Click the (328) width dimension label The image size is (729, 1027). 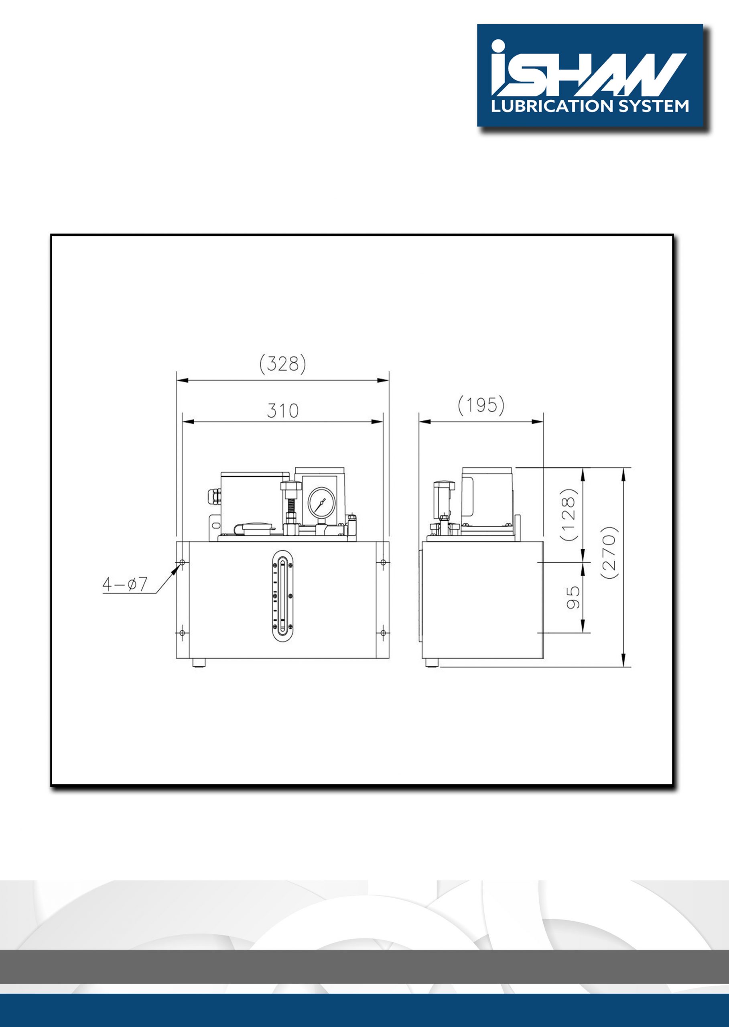[283, 363]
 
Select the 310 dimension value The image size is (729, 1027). [282, 410]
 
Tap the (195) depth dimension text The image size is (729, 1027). [481, 406]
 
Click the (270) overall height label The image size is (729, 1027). [611, 552]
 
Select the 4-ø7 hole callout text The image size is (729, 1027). [125, 584]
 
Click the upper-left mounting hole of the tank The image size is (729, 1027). [182, 562]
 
